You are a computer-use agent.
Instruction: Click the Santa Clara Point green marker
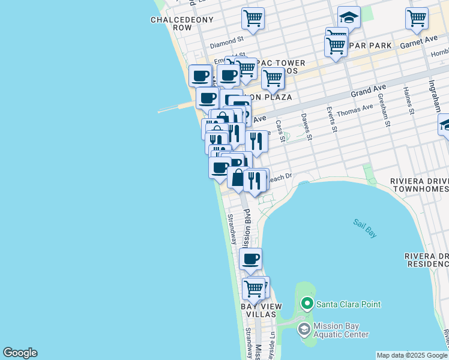pyautogui.click(x=307, y=304)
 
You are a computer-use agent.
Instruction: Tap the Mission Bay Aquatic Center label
pyautogui.click(x=341, y=330)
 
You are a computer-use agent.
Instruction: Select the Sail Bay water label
pyautogui.click(x=364, y=229)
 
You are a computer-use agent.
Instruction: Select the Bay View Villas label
pyautogui.click(x=261, y=311)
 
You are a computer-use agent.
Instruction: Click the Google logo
pyautogui.click(x=20, y=353)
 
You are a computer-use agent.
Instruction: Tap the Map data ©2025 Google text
pyautogui.click(x=411, y=355)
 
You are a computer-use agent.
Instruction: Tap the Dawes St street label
pyautogui.click(x=306, y=127)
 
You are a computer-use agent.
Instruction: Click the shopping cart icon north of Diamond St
pyautogui.click(x=253, y=18)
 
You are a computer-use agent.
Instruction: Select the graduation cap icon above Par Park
pyautogui.click(x=349, y=16)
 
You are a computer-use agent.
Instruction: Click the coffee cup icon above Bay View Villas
pyautogui.click(x=251, y=259)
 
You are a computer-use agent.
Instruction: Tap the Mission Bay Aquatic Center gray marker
pyautogui.click(x=304, y=329)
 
